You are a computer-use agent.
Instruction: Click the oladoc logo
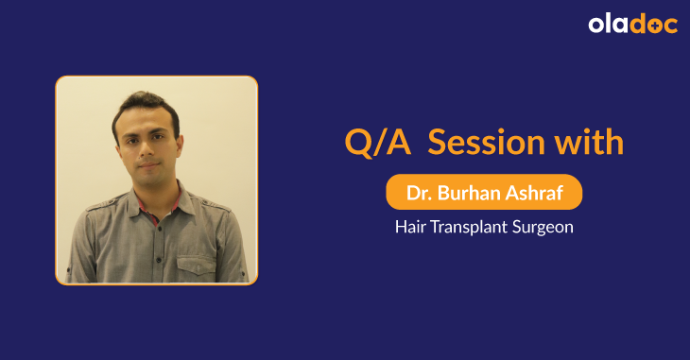click(x=632, y=25)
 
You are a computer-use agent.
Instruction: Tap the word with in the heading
click(x=589, y=143)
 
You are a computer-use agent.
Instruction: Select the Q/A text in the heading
click(x=378, y=143)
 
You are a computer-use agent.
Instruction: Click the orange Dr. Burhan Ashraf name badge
click(x=483, y=192)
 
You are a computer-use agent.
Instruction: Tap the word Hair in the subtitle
click(x=411, y=228)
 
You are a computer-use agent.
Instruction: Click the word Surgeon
click(x=543, y=228)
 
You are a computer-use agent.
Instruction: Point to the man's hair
click(x=142, y=106)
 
